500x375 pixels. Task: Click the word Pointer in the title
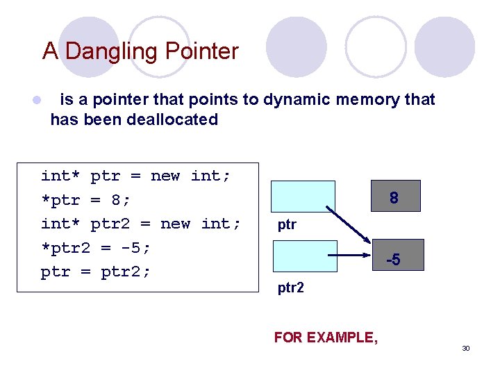[x=202, y=51]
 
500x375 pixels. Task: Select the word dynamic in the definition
[x=297, y=100]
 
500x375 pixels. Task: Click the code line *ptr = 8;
[x=86, y=200]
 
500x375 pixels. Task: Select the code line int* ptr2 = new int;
[x=141, y=224]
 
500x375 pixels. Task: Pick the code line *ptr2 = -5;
[x=96, y=247]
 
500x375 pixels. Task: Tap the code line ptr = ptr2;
[x=96, y=271]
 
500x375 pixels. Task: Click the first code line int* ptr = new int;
[x=135, y=176]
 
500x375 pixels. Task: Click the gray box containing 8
[x=394, y=197]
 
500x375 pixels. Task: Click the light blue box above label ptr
[x=303, y=196]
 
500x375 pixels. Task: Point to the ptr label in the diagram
[x=287, y=225]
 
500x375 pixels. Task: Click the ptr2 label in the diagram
[x=290, y=287]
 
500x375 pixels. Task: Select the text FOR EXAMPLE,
[x=326, y=337]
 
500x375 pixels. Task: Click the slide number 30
[x=466, y=348]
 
